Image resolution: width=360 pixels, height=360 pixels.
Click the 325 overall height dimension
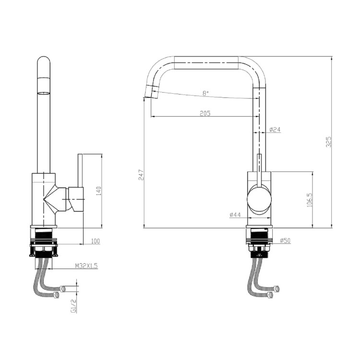coord(329,142)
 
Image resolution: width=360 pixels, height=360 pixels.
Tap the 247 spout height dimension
coord(141,175)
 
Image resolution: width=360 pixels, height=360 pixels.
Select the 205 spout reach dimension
coord(205,113)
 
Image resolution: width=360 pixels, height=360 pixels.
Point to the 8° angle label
coord(205,93)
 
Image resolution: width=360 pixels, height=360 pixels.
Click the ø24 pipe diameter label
coord(275,130)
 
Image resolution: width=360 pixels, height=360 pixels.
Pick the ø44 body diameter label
coord(235,215)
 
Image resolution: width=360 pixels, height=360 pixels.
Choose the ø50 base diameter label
coord(285,240)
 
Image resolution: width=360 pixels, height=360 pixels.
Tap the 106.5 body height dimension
coord(310,200)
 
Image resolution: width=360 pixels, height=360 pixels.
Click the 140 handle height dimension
coord(98,191)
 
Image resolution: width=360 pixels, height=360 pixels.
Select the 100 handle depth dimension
coord(96,241)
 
